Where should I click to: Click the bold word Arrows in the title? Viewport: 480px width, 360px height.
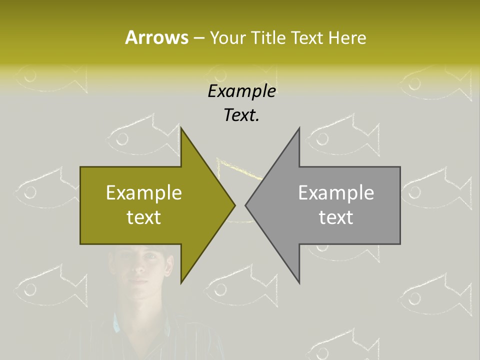pyautogui.click(x=156, y=37)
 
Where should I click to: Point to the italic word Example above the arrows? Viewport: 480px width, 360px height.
pyautogui.click(x=241, y=91)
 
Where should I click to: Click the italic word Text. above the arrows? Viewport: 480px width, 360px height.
pyautogui.click(x=241, y=115)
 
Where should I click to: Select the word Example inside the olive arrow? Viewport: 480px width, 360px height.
pyautogui.click(x=143, y=193)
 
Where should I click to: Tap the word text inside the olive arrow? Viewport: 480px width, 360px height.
pyautogui.click(x=143, y=217)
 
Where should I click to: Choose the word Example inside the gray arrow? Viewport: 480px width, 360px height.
pyautogui.click(x=336, y=193)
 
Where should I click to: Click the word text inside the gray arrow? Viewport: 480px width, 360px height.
pyautogui.click(x=336, y=217)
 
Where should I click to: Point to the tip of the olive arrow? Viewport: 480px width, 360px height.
pyautogui.click(x=234, y=205)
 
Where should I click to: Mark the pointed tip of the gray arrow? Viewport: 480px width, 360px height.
pyautogui.click(x=246, y=205)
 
